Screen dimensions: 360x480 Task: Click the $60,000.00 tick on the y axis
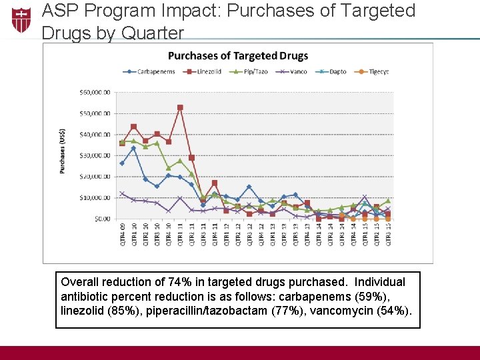coord(95,93)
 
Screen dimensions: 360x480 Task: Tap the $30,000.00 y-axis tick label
coord(95,155)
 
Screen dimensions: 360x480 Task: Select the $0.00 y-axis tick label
coord(101,219)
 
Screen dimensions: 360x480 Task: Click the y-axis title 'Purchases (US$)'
coord(63,151)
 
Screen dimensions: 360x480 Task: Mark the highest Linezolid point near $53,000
coord(180,107)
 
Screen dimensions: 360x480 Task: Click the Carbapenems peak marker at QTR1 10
coord(133,148)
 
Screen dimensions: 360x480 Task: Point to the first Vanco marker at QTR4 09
coord(122,193)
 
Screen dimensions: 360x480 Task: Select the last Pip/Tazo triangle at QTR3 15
coord(388,201)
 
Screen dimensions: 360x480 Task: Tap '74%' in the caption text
coord(183,282)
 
